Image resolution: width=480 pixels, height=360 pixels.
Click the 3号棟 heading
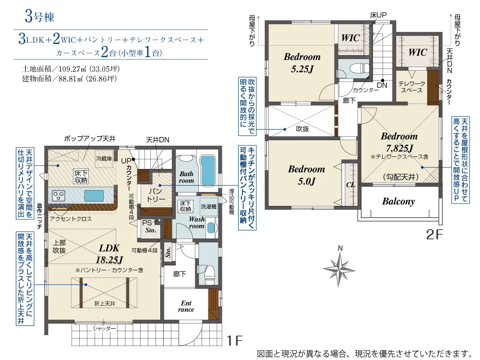tap(39, 16)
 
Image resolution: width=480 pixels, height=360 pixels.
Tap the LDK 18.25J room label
tap(109, 254)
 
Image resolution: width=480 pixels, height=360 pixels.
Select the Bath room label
tap(186, 177)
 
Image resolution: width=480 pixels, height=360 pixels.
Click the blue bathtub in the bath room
tap(208, 170)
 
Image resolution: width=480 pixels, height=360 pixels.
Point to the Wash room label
tap(196, 223)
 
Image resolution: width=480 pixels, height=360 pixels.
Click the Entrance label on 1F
tap(186, 306)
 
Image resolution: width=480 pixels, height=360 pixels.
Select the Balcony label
tap(398, 202)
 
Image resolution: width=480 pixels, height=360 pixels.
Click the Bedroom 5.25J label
tap(302, 63)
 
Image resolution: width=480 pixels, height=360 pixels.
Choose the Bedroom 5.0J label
tap(306, 175)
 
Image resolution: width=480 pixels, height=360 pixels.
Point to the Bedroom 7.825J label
tap(399, 143)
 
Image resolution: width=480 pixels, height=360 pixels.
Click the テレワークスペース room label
tap(412, 87)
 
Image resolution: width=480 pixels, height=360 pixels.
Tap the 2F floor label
tap(434, 235)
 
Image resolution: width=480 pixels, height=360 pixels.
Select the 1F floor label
tap(235, 340)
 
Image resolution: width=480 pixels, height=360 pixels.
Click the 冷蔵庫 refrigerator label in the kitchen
tap(104, 158)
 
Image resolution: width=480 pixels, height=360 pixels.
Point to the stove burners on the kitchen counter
tap(59, 196)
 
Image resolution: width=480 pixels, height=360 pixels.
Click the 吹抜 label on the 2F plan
tap(302, 129)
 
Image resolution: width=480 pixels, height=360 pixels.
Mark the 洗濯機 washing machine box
tap(208, 206)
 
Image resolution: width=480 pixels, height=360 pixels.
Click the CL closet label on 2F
tap(350, 185)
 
